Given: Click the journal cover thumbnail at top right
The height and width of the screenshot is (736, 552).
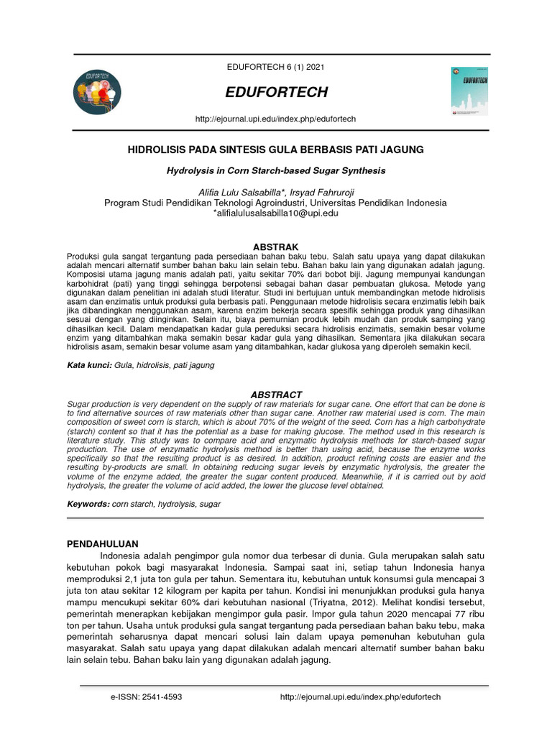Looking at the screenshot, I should click(469, 92).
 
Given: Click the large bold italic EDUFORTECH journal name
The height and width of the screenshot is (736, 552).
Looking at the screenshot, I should click(276, 92).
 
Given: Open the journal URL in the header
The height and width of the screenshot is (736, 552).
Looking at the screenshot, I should click(275, 118).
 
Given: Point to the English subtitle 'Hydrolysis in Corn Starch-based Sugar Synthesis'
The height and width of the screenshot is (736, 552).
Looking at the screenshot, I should click(275, 171).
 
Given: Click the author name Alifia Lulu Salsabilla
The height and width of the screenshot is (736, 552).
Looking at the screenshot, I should click(231, 192).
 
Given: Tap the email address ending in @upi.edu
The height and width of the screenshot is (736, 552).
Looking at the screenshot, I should click(275, 213).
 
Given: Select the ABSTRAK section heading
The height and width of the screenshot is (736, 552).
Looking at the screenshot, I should click(275, 247).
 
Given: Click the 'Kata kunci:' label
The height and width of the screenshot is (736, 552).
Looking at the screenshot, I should click(88, 365).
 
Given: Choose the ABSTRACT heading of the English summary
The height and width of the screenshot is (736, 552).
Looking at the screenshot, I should click(275, 395).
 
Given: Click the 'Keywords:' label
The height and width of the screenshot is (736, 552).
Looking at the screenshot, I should click(88, 504).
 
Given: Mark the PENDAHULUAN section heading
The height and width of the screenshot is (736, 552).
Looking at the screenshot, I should click(102, 543).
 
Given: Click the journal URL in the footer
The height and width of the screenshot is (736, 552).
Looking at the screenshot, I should click(359, 697).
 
